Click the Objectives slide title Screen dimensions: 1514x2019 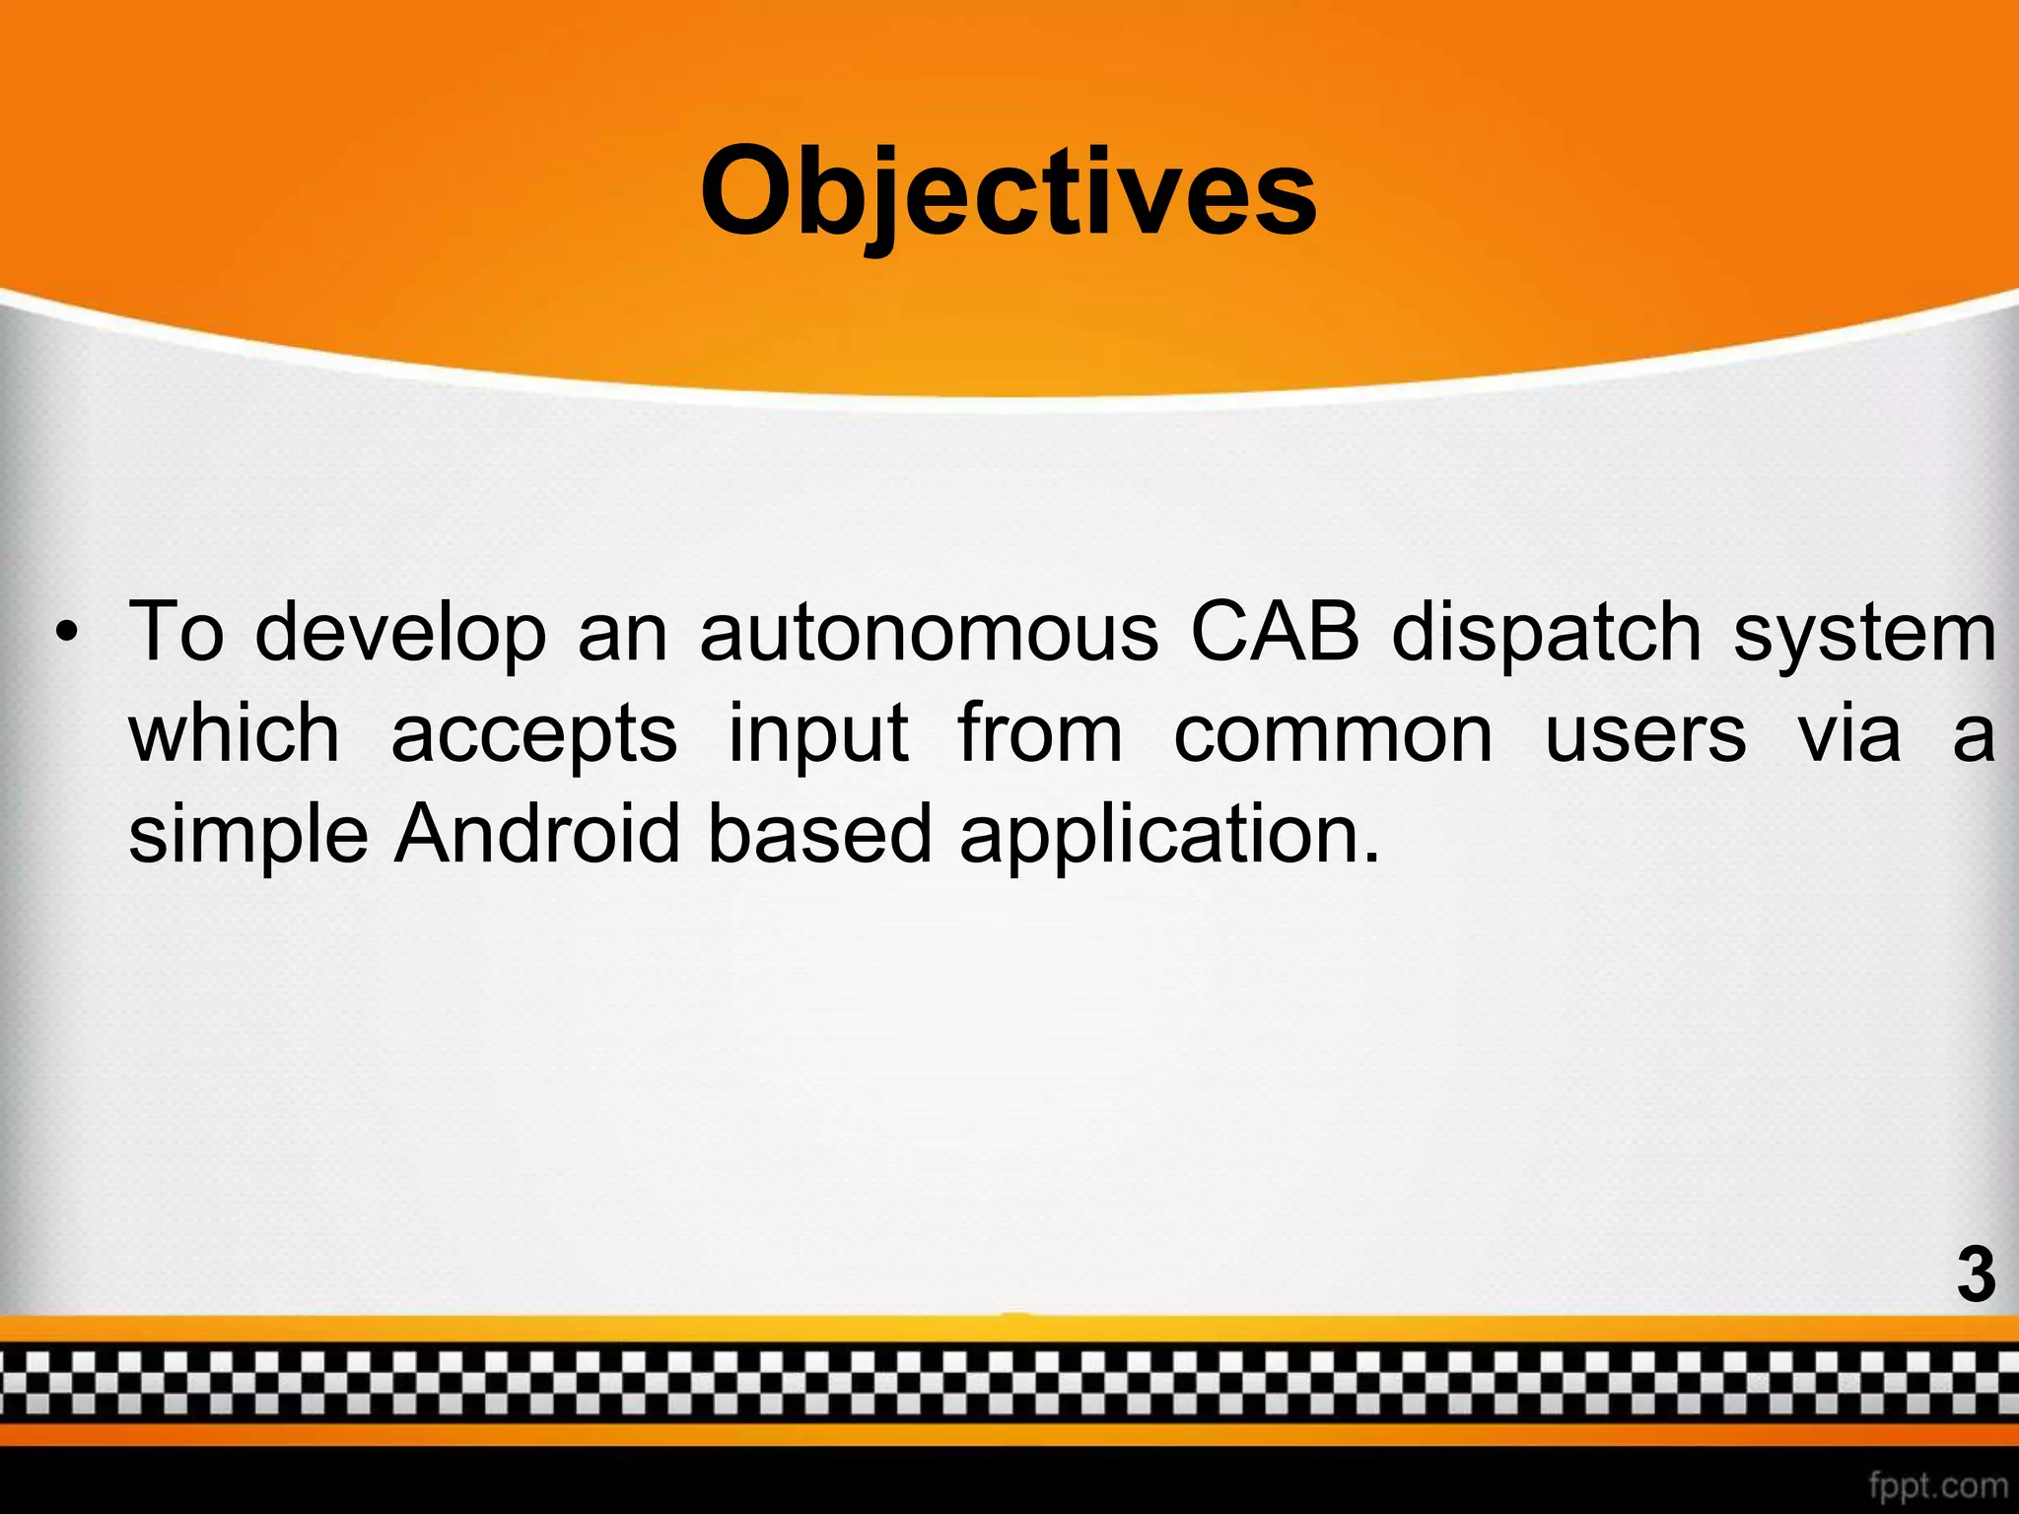click(1008, 193)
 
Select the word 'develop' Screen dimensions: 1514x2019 click(400, 634)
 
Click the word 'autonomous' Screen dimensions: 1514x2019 click(929, 632)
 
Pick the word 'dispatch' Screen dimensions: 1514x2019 click(1547, 634)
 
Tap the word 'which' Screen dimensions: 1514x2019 click(235, 733)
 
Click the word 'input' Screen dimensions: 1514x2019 click(818, 735)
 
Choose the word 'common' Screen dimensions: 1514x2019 click(1333, 735)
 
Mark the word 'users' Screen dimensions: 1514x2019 click(1645, 735)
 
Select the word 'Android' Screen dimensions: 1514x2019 click(537, 834)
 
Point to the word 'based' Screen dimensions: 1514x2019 click(819, 834)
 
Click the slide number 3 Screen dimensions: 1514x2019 click(1975, 1274)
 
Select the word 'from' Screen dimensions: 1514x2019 click(1040, 733)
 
